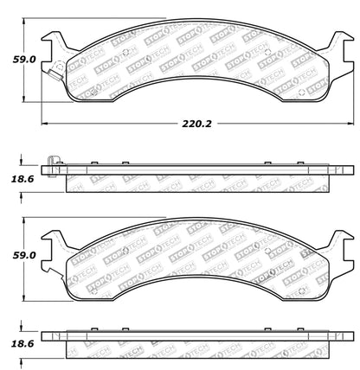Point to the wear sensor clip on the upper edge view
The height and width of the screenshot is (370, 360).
(x=54, y=162)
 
